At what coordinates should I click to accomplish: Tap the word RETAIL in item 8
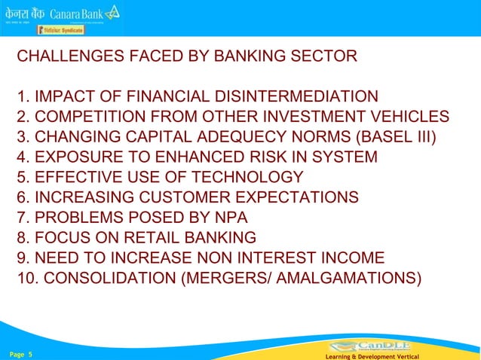click(x=140, y=237)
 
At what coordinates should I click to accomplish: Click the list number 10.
click(x=27, y=278)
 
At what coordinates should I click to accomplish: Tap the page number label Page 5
click(x=21, y=353)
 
